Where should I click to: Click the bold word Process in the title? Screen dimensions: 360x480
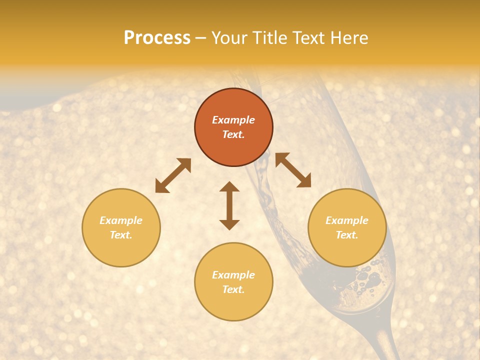(x=157, y=38)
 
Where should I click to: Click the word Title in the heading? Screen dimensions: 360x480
(x=271, y=38)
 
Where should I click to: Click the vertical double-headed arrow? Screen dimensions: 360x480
(x=229, y=205)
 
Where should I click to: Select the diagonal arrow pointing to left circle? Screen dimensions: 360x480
(x=173, y=175)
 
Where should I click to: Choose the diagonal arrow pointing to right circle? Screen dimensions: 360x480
(x=293, y=170)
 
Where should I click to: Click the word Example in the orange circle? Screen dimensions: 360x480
(x=233, y=120)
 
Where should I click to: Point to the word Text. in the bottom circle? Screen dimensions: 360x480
(x=233, y=289)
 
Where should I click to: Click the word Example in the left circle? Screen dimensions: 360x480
(x=121, y=220)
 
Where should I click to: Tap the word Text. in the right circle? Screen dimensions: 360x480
(x=347, y=235)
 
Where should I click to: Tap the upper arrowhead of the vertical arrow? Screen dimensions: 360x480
(x=229, y=187)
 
